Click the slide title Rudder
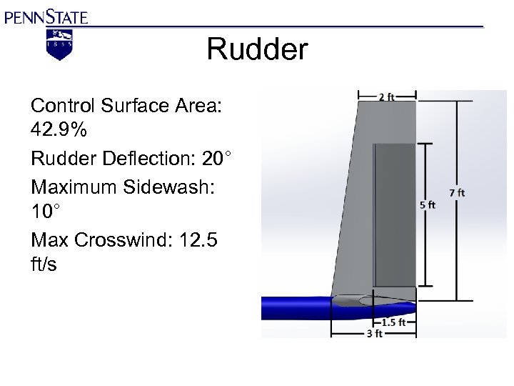257,50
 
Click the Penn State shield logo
59,44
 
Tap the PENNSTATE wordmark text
46,16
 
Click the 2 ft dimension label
386,96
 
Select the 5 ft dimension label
427,204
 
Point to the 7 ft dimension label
456,192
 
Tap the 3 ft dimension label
374,333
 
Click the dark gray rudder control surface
395,214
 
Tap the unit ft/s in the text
44,264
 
